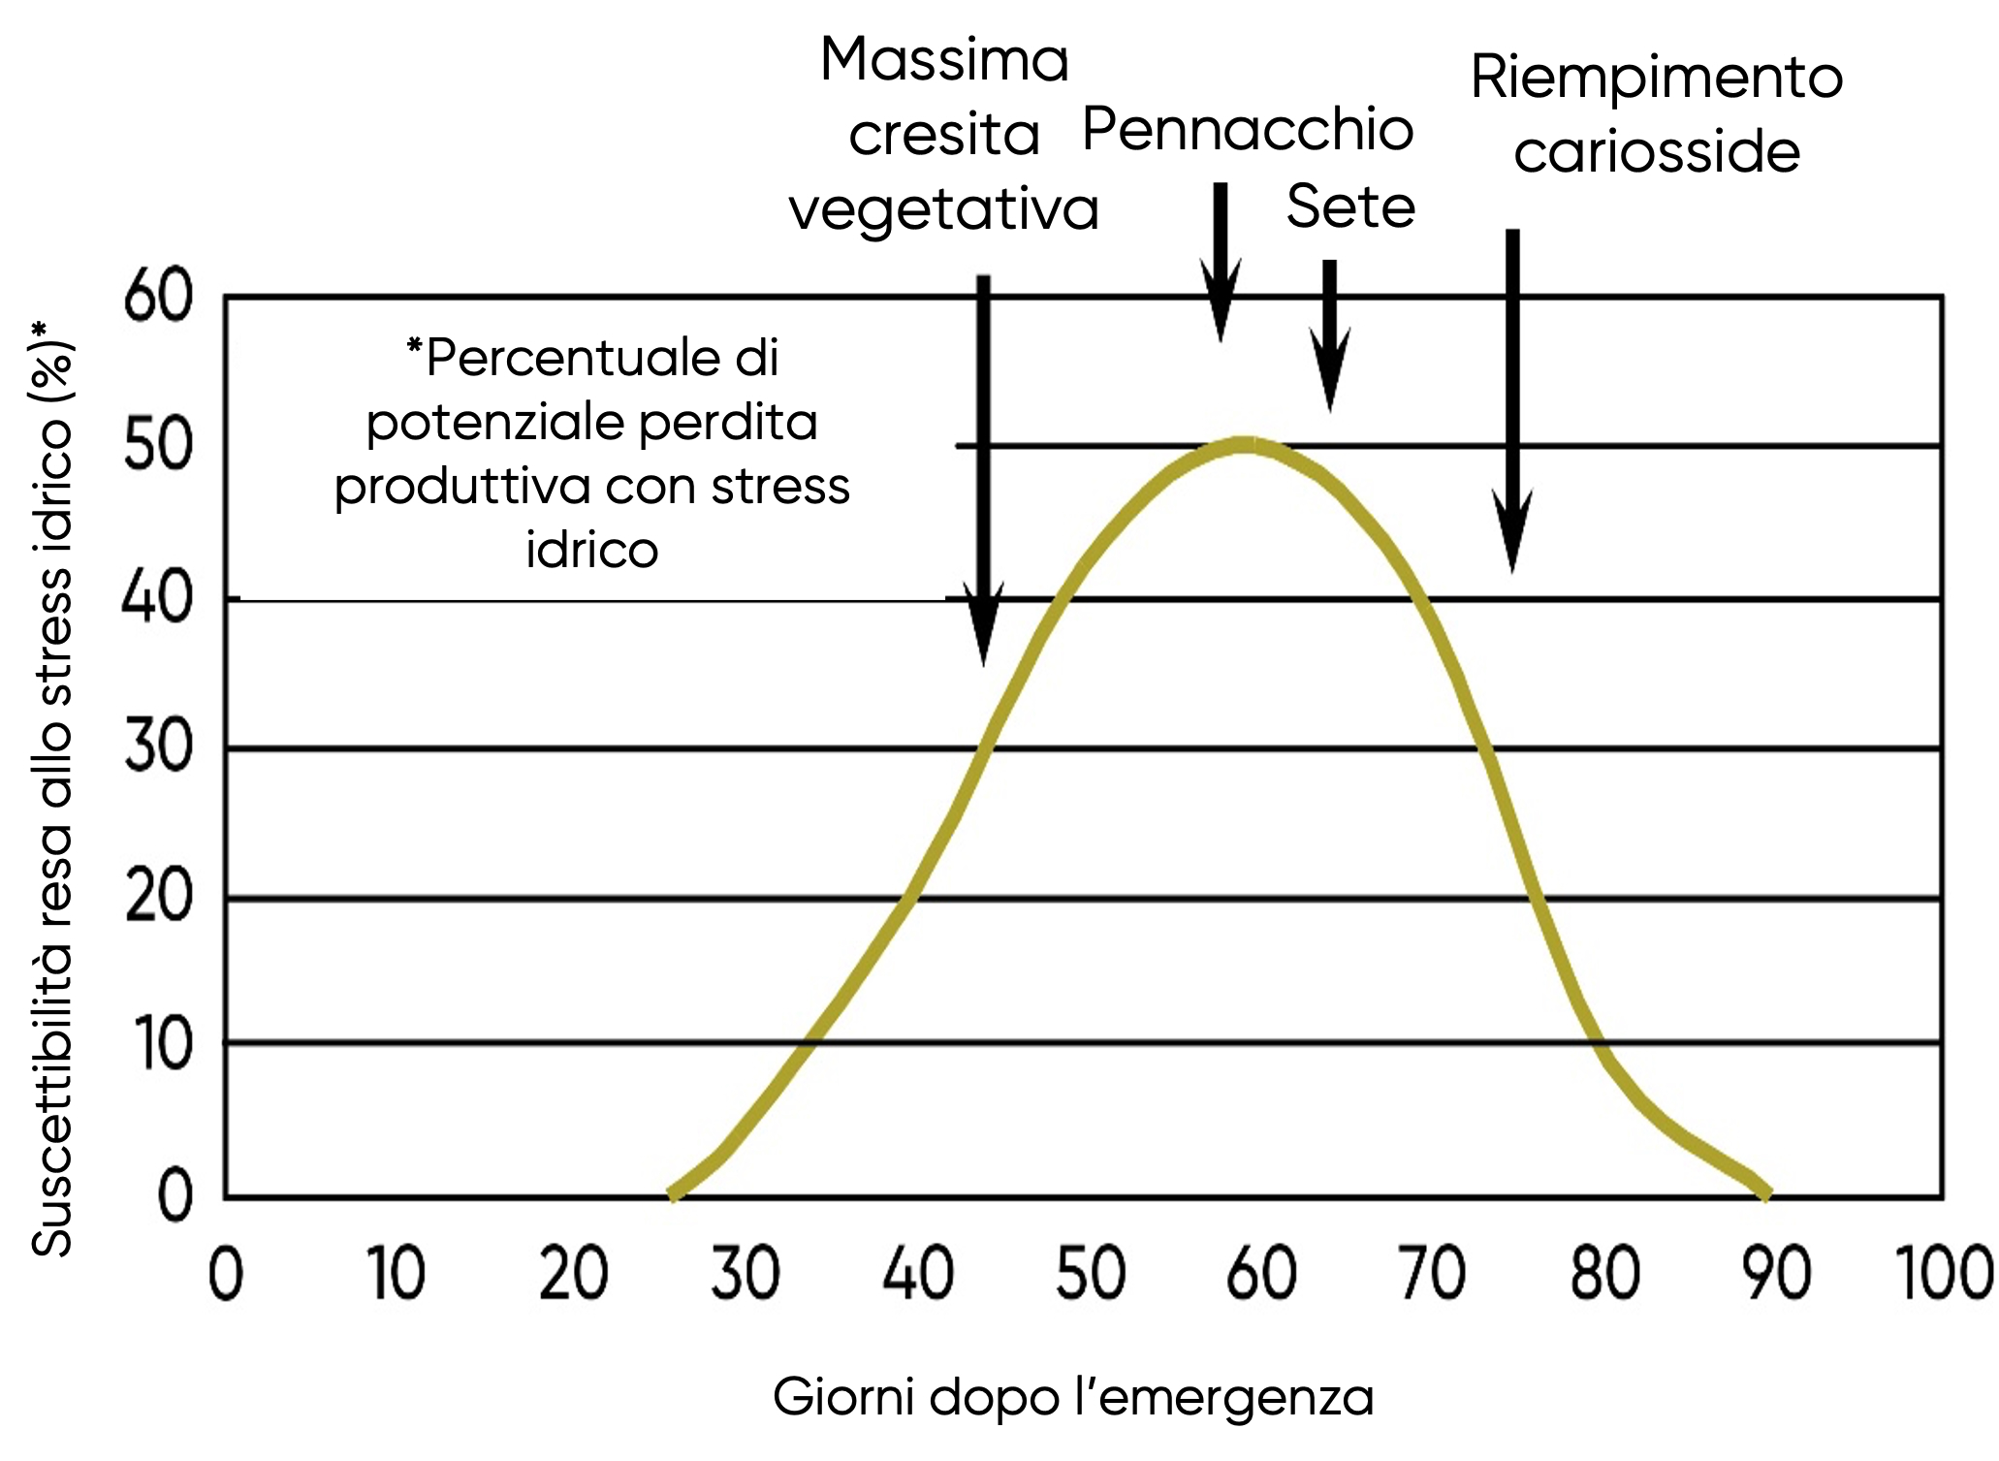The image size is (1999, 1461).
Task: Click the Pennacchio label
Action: pos(1248,130)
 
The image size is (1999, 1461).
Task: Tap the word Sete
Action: pos(1350,207)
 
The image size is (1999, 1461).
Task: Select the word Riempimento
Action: pos(1656,78)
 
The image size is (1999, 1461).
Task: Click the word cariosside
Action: pos(1657,153)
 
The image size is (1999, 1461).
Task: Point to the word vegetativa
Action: pos(943,209)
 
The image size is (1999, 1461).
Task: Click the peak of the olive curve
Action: pos(1245,445)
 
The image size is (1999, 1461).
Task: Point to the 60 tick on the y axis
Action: pos(158,298)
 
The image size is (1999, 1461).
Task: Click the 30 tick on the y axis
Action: pos(158,747)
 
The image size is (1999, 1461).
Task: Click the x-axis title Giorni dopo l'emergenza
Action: pos(1073,1397)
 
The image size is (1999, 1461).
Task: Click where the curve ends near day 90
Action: pos(1766,1194)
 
